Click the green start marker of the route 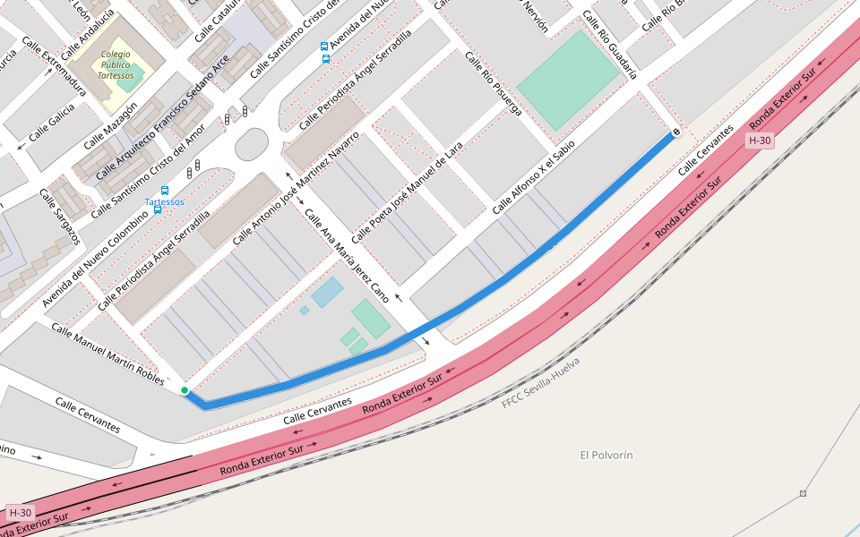point(185,390)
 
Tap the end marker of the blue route point(675,132)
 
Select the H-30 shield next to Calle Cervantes point(759,141)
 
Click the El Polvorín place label point(606,456)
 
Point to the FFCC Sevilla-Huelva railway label point(540,383)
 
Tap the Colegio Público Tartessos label point(116,65)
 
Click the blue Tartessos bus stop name point(165,202)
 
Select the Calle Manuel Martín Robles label point(107,354)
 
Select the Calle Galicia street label point(51,128)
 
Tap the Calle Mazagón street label point(110,125)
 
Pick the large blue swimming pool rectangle point(327,292)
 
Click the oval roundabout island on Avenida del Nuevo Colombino point(251,144)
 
